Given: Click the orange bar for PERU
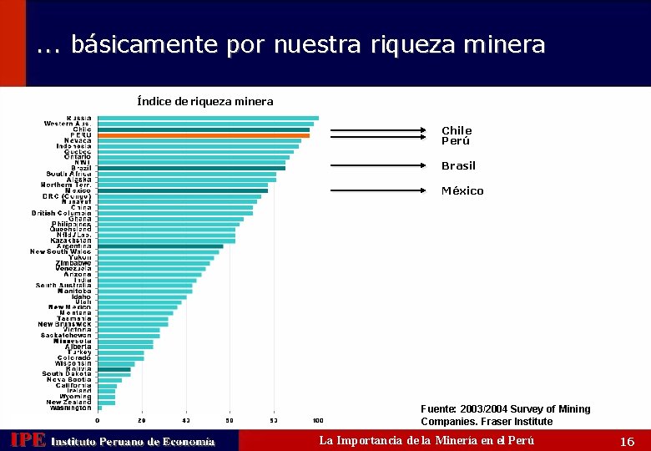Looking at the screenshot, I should click(203, 135).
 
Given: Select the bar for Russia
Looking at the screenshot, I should click(208, 118).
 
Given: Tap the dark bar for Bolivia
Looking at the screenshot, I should click(114, 369).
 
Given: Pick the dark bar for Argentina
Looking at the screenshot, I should click(160, 246).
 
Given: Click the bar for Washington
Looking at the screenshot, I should click(99, 408).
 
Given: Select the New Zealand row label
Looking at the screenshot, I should click(68, 402).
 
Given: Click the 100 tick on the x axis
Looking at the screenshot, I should click(318, 420).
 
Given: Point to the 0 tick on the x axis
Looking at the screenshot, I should click(98, 420).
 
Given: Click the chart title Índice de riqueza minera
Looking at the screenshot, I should click(204, 101).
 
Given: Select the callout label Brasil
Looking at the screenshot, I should click(458, 166).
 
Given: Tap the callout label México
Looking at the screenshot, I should click(462, 191).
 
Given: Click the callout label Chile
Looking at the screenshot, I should click(457, 130).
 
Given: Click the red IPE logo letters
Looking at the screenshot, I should click(27, 440).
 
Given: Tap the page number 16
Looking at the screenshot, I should click(628, 441).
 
